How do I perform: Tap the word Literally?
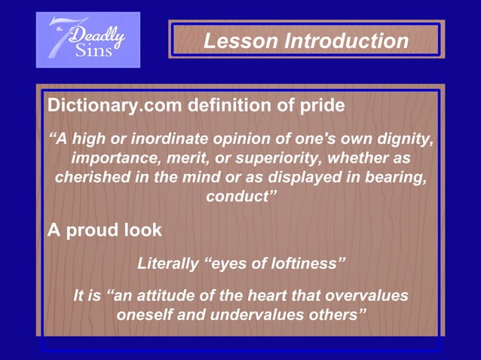168,264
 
